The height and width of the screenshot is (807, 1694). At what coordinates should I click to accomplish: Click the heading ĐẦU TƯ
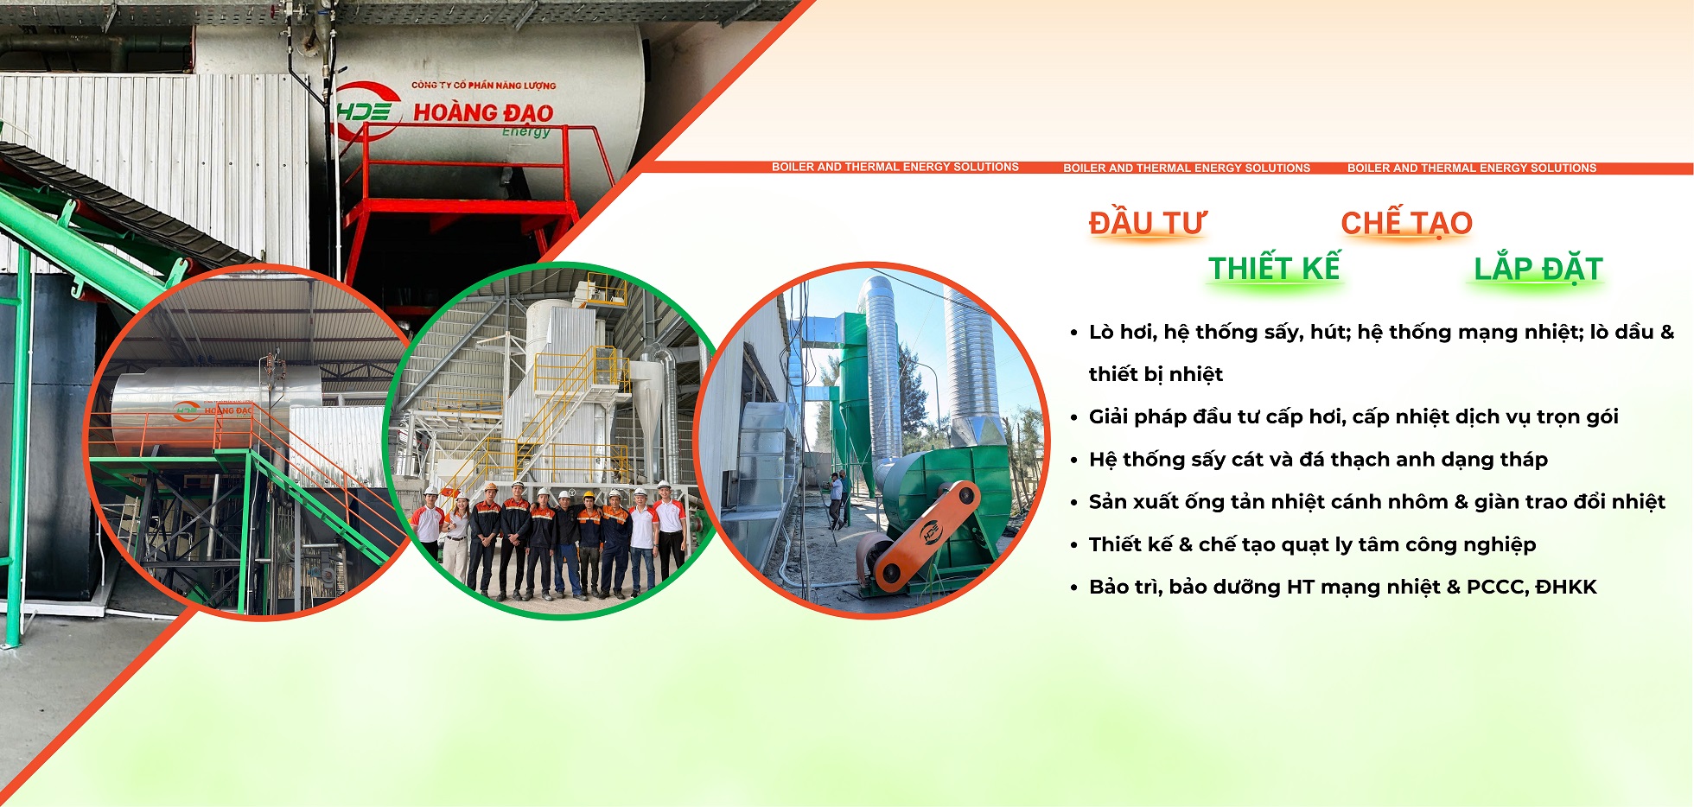point(1147,223)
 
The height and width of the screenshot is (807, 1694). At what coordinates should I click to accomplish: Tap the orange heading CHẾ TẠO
point(1406,223)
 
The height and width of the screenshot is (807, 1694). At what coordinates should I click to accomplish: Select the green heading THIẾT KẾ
point(1274,268)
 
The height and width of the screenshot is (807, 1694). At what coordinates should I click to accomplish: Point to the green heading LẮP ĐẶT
point(1538,268)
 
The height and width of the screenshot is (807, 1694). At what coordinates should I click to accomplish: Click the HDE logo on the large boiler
point(367,111)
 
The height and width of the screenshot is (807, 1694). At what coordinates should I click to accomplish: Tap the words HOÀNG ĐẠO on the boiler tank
point(483,112)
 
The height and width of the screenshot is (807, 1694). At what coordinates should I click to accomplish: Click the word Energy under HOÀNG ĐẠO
point(525,131)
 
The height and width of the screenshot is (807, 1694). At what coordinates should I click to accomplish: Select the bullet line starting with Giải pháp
point(1353,416)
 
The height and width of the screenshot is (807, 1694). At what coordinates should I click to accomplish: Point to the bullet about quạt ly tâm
point(1312,544)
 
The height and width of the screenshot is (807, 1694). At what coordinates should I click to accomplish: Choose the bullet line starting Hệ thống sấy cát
point(1318,459)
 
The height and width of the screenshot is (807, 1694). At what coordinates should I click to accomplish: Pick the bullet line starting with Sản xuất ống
point(1377,502)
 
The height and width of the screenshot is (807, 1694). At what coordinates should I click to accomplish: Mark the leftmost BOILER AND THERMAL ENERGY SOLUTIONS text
point(895,167)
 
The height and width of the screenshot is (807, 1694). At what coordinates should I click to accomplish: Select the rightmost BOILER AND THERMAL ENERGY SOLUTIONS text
point(1471,168)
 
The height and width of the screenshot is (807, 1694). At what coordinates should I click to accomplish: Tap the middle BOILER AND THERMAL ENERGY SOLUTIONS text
point(1186,168)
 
